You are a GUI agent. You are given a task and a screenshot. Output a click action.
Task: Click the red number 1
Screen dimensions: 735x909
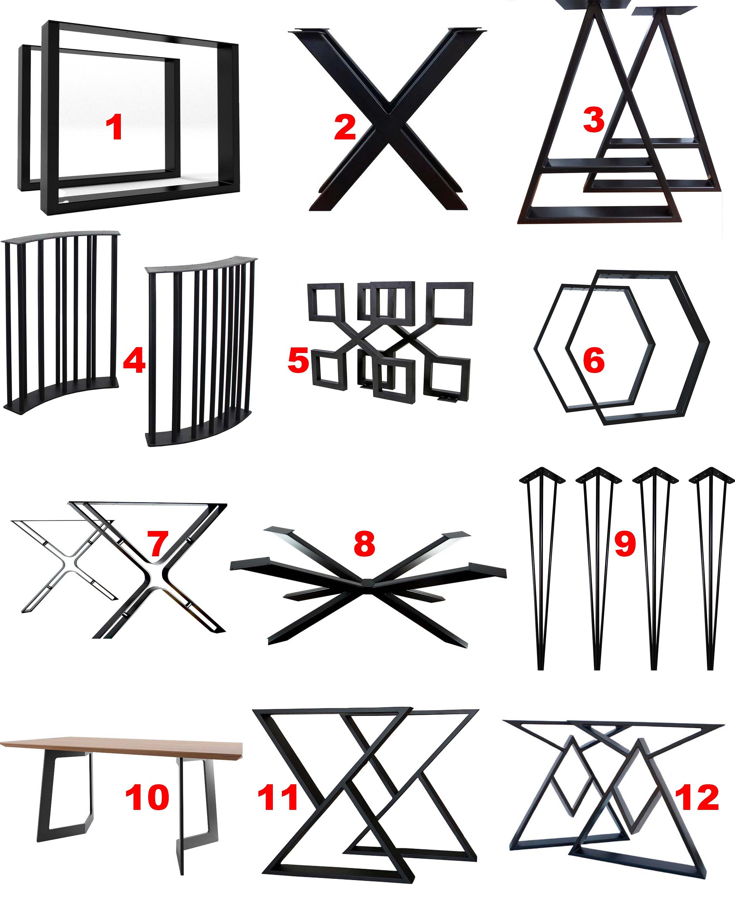tap(114, 128)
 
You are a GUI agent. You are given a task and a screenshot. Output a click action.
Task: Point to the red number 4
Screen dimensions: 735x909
tap(134, 361)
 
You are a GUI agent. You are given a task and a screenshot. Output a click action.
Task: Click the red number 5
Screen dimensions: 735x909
tap(298, 361)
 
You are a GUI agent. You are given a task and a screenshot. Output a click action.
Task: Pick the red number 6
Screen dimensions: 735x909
tap(594, 361)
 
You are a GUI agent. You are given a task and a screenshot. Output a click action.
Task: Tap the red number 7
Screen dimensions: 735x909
tap(158, 544)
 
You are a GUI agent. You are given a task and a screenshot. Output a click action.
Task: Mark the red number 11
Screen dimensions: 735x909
tap(278, 797)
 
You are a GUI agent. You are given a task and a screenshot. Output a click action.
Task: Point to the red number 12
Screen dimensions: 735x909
tap(697, 797)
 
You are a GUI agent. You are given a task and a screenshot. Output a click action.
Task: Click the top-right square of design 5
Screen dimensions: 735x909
tap(450, 303)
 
